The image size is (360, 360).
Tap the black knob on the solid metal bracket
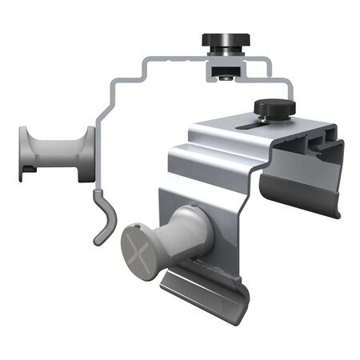(274, 106)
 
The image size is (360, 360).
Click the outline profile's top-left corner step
(148, 64)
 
